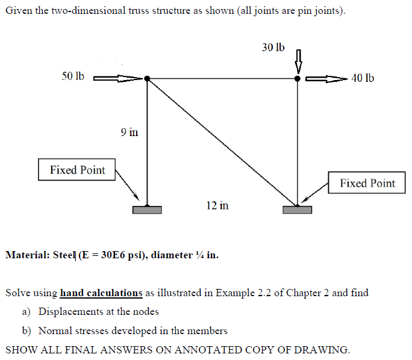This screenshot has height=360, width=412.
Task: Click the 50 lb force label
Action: click(73, 76)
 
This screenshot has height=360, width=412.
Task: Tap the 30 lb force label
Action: click(273, 47)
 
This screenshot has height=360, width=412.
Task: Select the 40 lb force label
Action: click(362, 78)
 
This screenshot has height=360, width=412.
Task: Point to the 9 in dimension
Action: click(129, 131)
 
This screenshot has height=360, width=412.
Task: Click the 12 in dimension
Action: click(217, 205)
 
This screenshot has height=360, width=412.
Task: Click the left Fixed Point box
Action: click(77, 170)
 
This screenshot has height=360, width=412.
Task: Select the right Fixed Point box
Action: click(367, 183)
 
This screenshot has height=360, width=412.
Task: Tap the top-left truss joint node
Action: click(147, 78)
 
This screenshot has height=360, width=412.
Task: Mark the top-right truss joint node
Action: click(297, 78)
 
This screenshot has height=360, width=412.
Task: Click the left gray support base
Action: click(147, 209)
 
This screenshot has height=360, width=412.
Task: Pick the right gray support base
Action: click(297, 209)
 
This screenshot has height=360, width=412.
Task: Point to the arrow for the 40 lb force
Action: click(326, 78)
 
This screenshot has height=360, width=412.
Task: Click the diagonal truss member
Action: click(222, 141)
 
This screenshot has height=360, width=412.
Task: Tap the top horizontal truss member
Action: click(222, 78)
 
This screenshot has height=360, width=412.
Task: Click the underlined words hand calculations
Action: click(101, 293)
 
